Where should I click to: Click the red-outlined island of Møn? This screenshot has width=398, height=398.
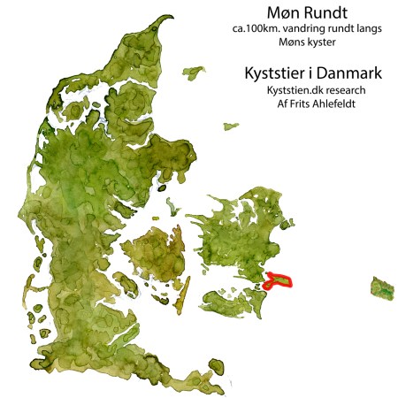coord(279,281)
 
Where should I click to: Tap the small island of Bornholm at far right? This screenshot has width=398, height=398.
coord(383,288)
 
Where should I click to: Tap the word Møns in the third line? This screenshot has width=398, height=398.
coord(291,42)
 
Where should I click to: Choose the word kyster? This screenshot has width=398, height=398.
coord(323,42)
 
